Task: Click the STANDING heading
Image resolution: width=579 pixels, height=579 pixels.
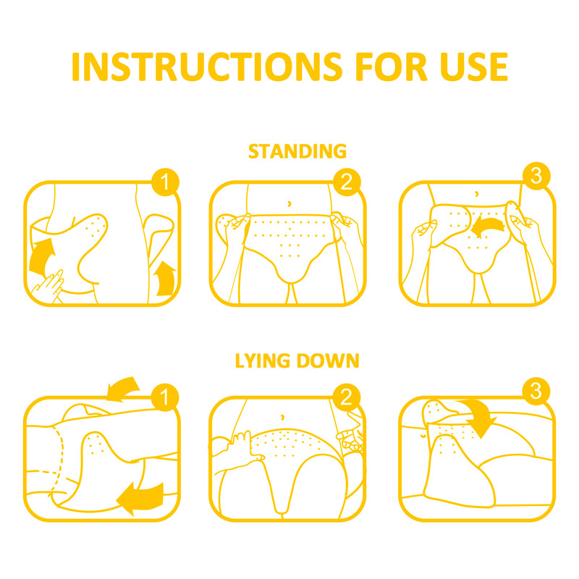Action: pyautogui.click(x=297, y=151)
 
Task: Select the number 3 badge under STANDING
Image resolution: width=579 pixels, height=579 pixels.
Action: pyautogui.click(x=536, y=177)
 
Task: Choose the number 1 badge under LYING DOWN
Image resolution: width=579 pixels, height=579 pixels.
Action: pyautogui.click(x=166, y=396)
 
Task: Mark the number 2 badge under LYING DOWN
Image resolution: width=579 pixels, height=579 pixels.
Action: pyautogui.click(x=346, y=396)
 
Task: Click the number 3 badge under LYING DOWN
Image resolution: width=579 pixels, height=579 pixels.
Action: pyautogui.click(x=536, y=392)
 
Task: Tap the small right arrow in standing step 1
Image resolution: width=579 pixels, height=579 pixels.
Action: pyautogui.click(x=165, y=278)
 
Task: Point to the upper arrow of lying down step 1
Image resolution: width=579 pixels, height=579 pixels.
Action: pyautogui.click(x=123, y=389)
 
